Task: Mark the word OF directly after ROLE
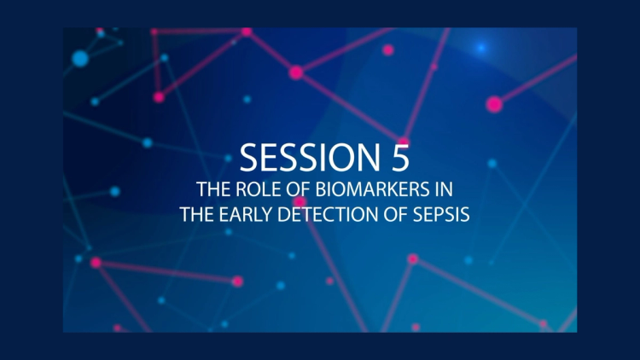284,190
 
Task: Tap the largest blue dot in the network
80,58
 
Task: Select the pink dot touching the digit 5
403,142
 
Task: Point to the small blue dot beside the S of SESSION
228,158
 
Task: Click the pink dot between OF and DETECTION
300,202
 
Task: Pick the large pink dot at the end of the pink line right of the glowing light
493,104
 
